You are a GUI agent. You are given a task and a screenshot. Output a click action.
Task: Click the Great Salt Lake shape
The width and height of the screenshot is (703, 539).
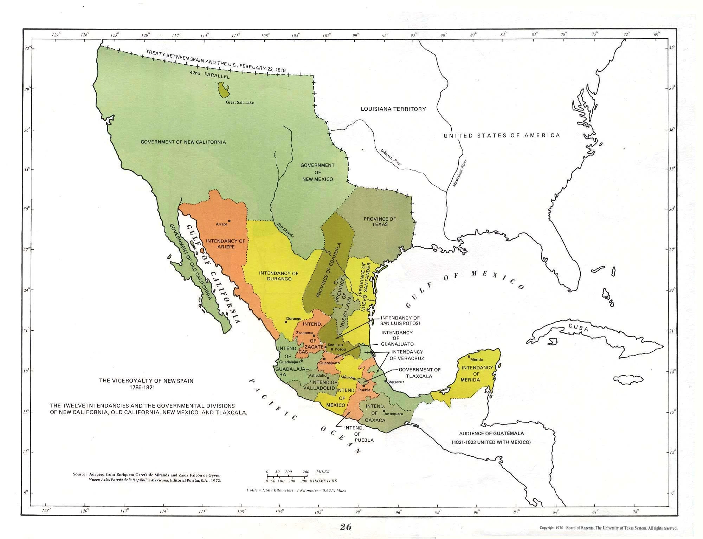[223, 90]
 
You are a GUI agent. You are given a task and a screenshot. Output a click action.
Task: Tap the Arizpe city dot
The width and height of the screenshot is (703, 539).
[229, 221]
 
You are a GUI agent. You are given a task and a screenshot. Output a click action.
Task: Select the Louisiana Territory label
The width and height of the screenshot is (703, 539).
[393, 109]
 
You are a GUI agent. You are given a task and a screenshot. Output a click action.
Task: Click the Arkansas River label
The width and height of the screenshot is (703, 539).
[391, 157]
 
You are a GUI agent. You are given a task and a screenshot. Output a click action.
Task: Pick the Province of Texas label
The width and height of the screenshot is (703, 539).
[380, 221]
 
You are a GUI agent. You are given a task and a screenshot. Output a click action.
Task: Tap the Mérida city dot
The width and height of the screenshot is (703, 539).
[469, 356]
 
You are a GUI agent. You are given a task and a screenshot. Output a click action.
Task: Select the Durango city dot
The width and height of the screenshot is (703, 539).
[286, 322]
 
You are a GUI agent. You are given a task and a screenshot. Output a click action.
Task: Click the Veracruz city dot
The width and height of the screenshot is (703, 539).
[386, 381]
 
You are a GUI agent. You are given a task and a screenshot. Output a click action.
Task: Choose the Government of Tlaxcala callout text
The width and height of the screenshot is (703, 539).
[419, 372]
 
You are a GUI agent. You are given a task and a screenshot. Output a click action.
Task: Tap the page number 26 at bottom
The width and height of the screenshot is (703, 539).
[346, 527]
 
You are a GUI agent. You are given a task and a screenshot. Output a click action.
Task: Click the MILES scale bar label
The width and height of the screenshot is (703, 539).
[323, 472]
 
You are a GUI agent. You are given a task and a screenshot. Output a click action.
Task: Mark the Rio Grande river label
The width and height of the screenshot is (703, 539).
[285, 230]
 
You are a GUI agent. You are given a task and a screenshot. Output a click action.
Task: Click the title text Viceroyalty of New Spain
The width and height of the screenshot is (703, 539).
[146, 381]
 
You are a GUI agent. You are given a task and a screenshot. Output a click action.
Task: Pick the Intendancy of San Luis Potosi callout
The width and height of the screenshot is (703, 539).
[400, 320]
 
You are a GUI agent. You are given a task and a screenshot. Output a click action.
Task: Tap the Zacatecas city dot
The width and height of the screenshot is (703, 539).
[314, 336]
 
